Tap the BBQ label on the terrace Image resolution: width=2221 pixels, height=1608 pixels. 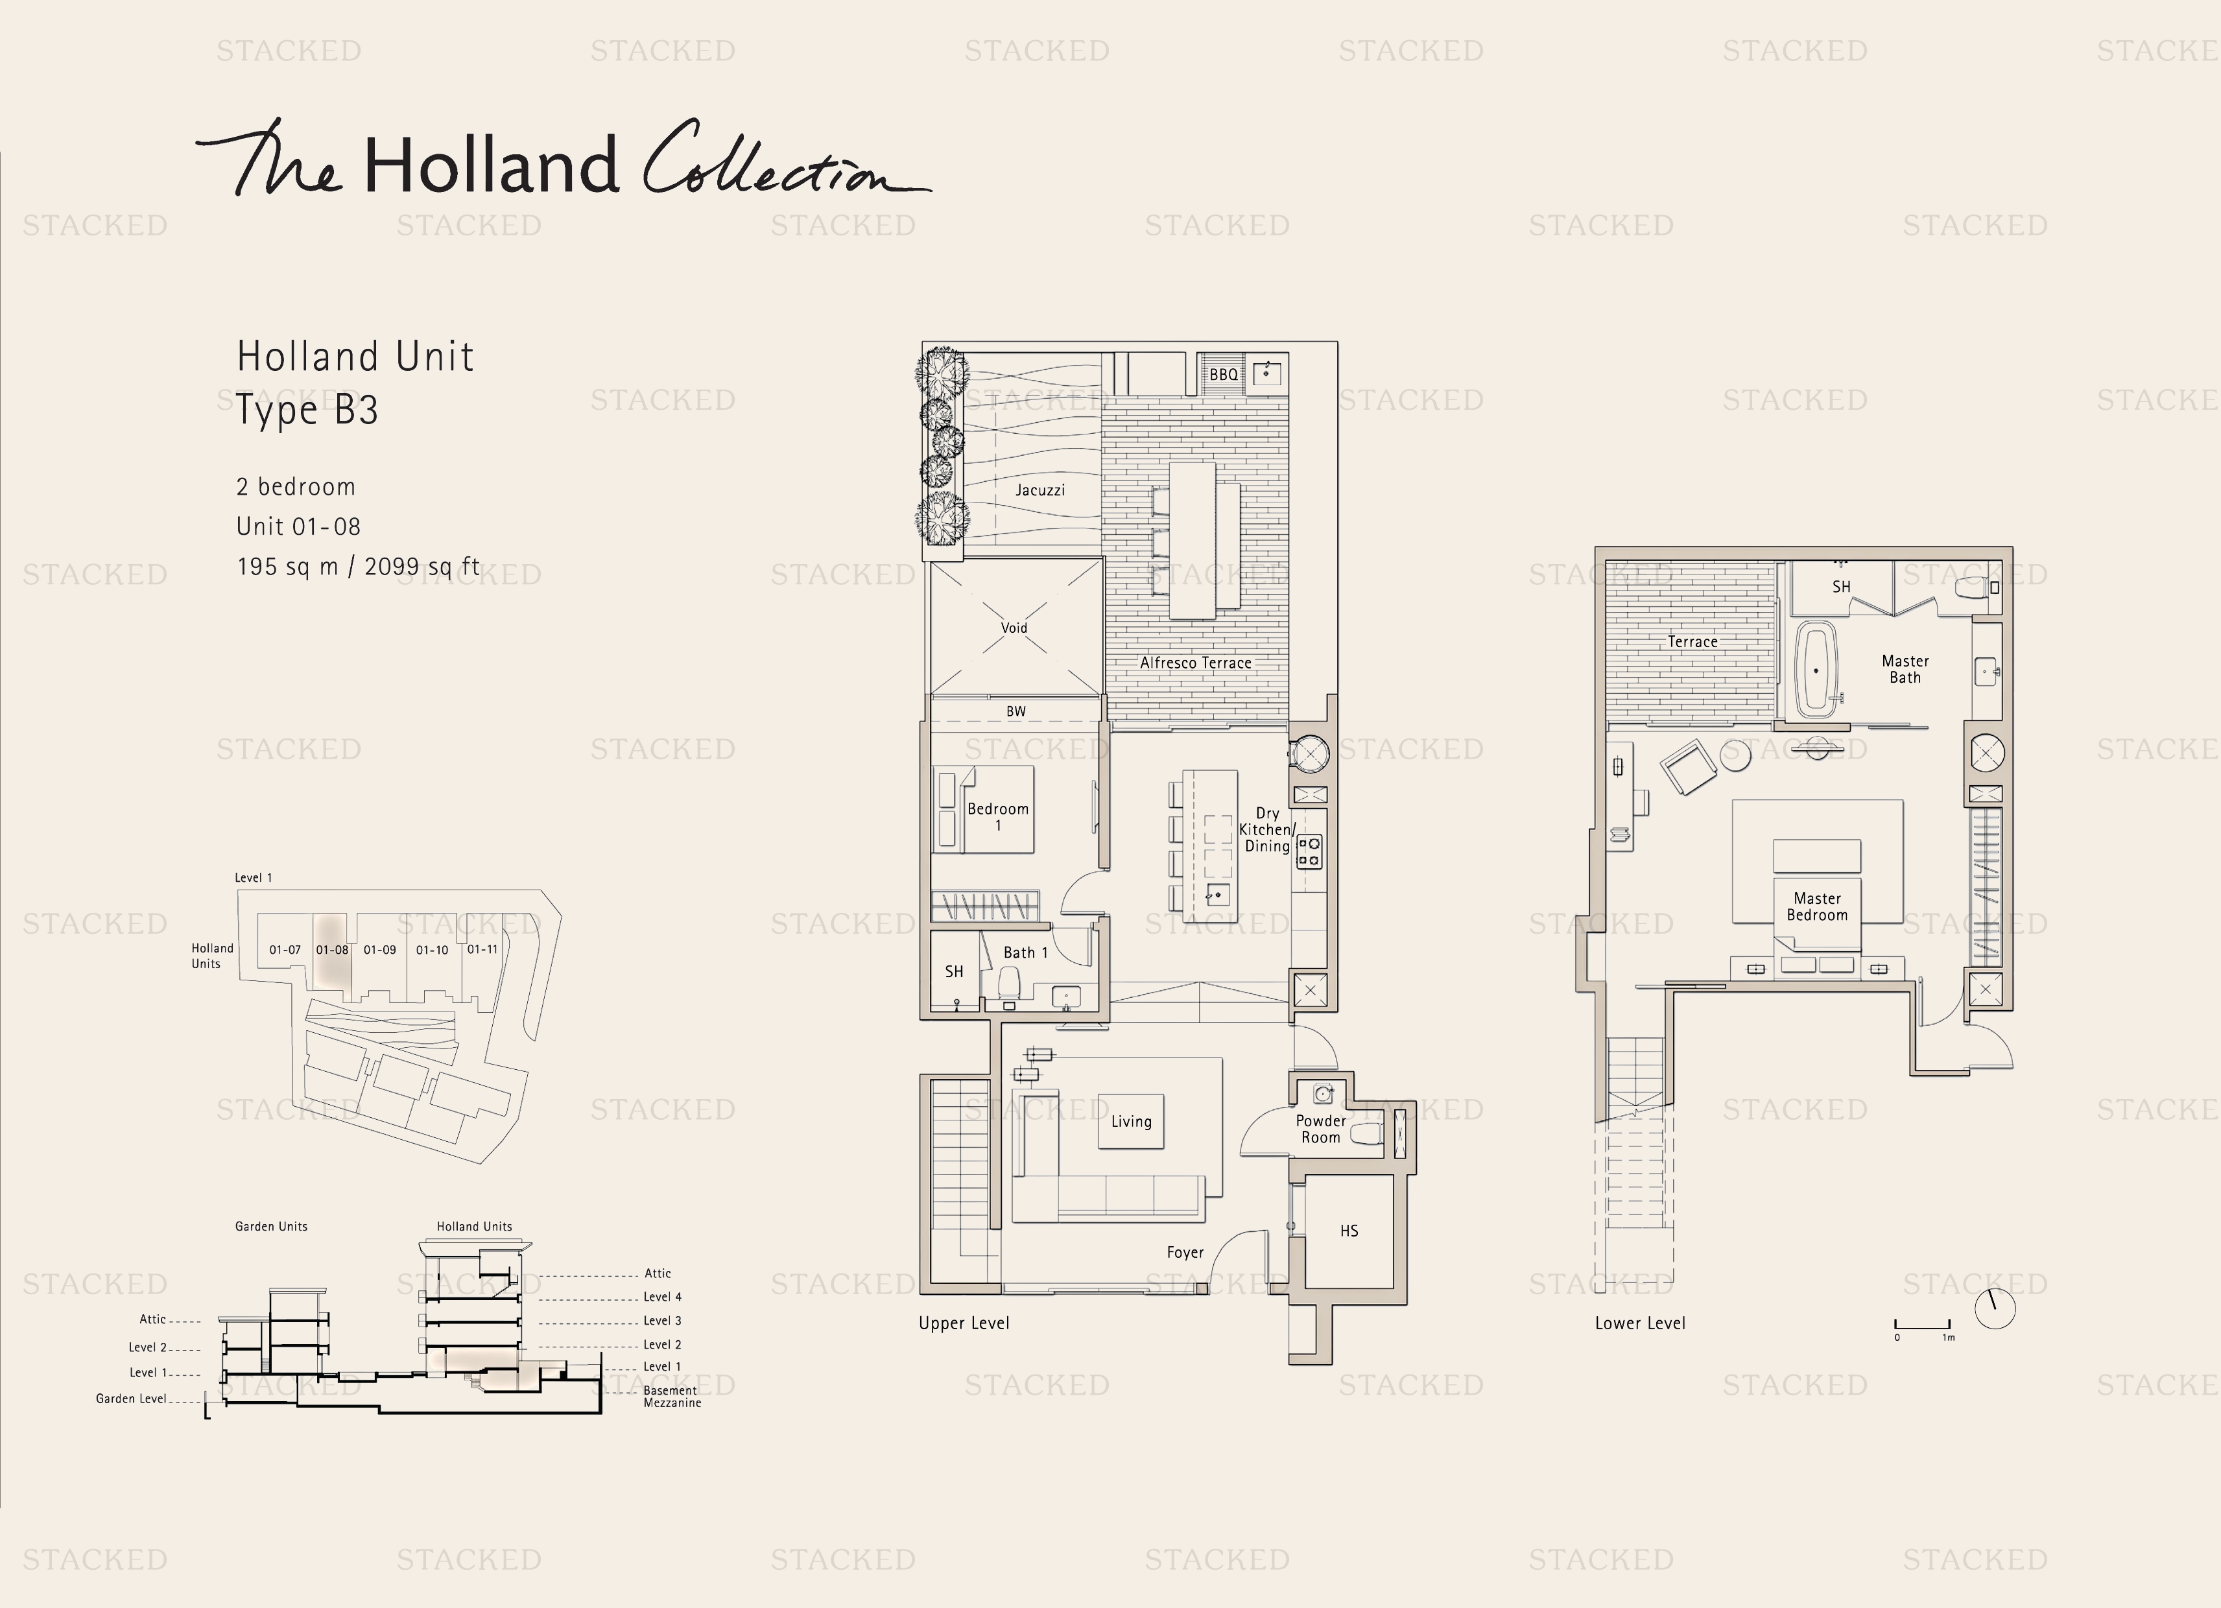[x=1222, y=374]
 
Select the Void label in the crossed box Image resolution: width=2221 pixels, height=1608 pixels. [x=1014, y=628]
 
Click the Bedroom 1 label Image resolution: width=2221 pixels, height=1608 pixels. [x=998, y=816]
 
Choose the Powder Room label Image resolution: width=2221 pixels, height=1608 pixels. [x=1320, y=1128]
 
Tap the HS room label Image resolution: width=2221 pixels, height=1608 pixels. [x=1348, y=1231]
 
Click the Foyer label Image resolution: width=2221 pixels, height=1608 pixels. [x=1184, y=1253]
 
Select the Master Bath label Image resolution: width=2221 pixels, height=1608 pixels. [x=1905, y=669]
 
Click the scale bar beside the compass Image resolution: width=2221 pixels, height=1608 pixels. [x=1922, y=1327]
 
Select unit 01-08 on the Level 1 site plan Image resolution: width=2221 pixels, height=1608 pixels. [x=332, y=949]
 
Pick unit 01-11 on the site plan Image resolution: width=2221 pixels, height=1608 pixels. [x=482, y=949]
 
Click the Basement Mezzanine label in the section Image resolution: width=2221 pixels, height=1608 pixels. [x=672, y=1397]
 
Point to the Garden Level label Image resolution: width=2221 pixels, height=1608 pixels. [x=131, y=1399]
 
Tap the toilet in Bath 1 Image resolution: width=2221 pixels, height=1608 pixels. [x=1008, y=982]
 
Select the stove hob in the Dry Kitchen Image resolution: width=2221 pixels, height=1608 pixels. [x=1309, y=851]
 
